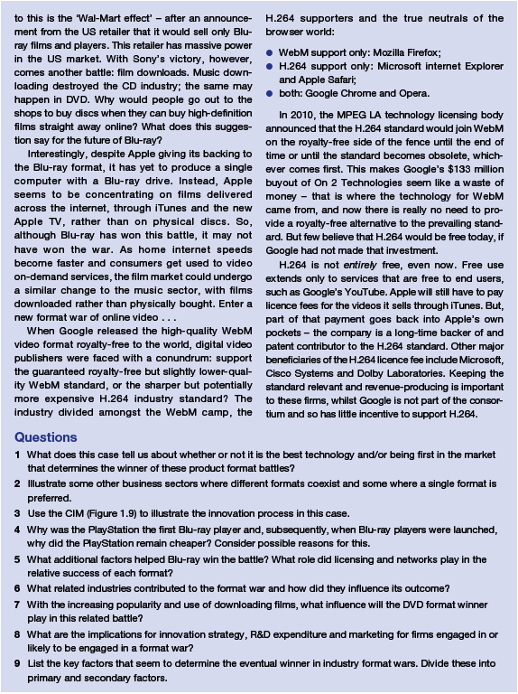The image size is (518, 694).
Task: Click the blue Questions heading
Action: coord(45,437)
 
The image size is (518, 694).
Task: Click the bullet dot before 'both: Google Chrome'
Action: coord(270,93)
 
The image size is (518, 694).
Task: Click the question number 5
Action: coord(18,559)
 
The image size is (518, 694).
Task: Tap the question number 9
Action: coord(18,664)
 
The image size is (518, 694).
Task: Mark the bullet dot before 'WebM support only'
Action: coord(270,53)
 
